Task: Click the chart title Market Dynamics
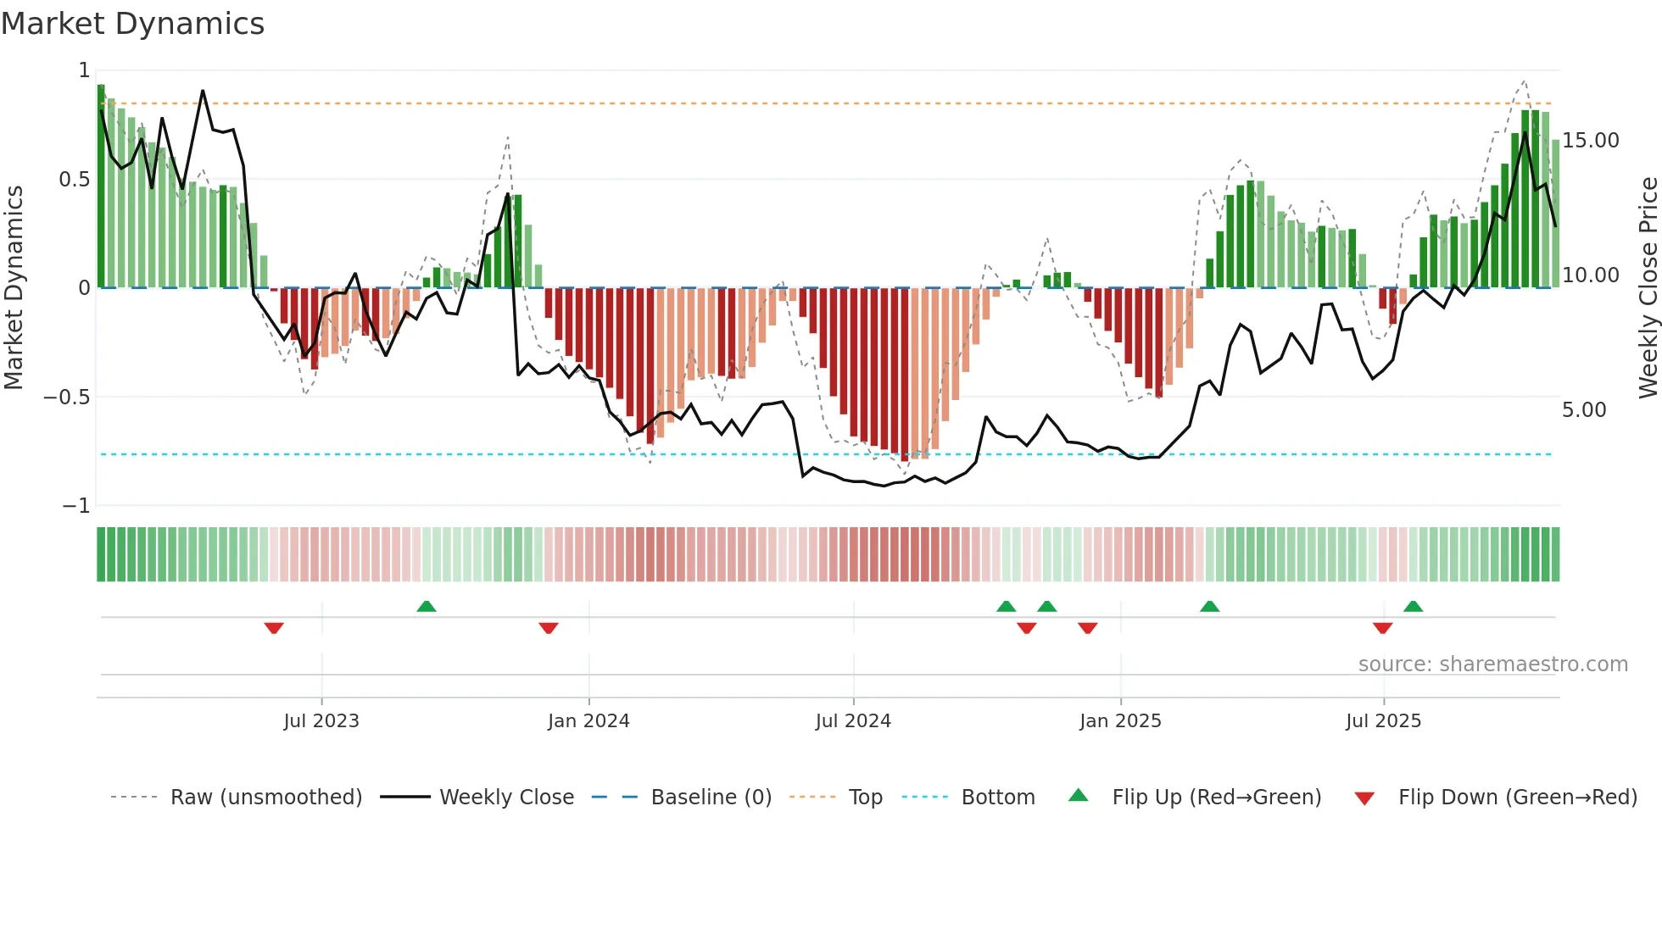(x=132, y=24)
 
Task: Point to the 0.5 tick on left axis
(x=74, y=180)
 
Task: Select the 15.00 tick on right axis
(x=1590, y=141)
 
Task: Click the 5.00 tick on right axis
(x=1583, y=410)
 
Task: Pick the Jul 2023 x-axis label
(x=321, y=721)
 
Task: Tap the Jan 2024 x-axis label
(x=588, y=721)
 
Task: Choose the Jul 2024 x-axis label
(x=853, y=721)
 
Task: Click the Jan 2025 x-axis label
(x=1120, y=721)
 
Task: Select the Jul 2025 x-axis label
(x=1383, y=721)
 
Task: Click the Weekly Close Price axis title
(x=1648, y=288)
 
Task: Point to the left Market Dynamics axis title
(x=14, y=288)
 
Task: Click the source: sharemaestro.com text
(x=1492, y=664)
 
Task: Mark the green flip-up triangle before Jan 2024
(x=427, y=607)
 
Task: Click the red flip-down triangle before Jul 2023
(x=273, y=627)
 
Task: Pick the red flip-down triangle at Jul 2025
(x=1382, y=627)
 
